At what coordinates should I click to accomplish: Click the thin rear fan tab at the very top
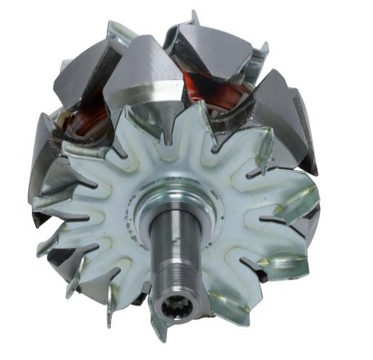tap(194, 17)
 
